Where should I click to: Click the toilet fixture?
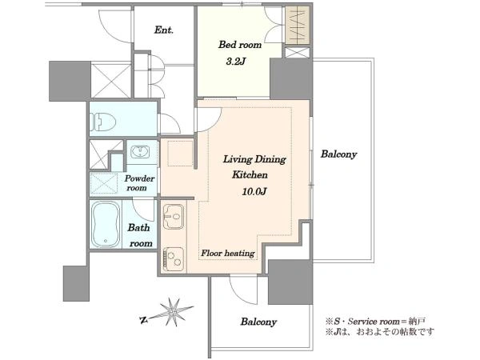(103, 122)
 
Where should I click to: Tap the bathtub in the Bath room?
(106, 224)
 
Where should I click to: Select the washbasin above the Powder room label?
(140, 152)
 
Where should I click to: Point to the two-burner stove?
(174, 259)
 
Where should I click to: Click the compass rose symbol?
(174, 312)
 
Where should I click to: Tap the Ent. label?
(164, 30)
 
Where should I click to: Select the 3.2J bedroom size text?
(236, 62)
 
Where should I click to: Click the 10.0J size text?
(254, 192)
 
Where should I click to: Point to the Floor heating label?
(228, 253)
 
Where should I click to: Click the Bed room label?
(240, 45)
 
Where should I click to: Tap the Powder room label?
(139, 183)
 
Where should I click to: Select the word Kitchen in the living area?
(250, 174)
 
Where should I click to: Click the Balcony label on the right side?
(339, 154)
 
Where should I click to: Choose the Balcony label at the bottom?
(258, 322)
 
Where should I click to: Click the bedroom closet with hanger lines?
(298, 26)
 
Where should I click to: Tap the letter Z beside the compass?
(143, 321)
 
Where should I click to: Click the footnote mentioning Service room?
(375, 322)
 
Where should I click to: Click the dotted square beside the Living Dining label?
(180, 153)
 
